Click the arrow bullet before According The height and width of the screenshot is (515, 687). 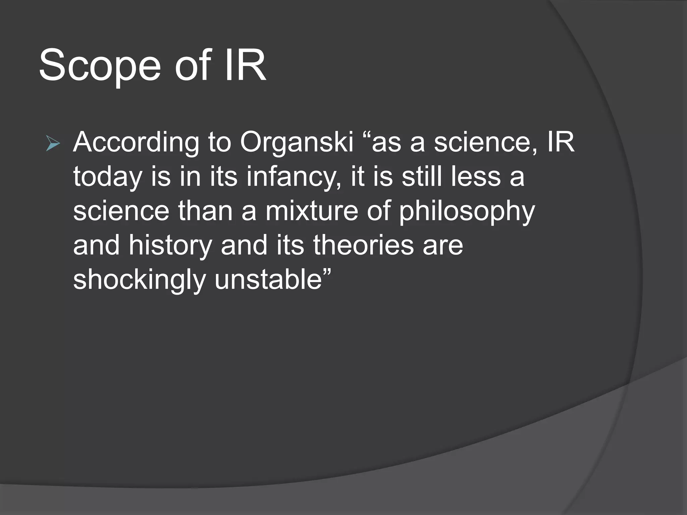(x=53, y=145)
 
